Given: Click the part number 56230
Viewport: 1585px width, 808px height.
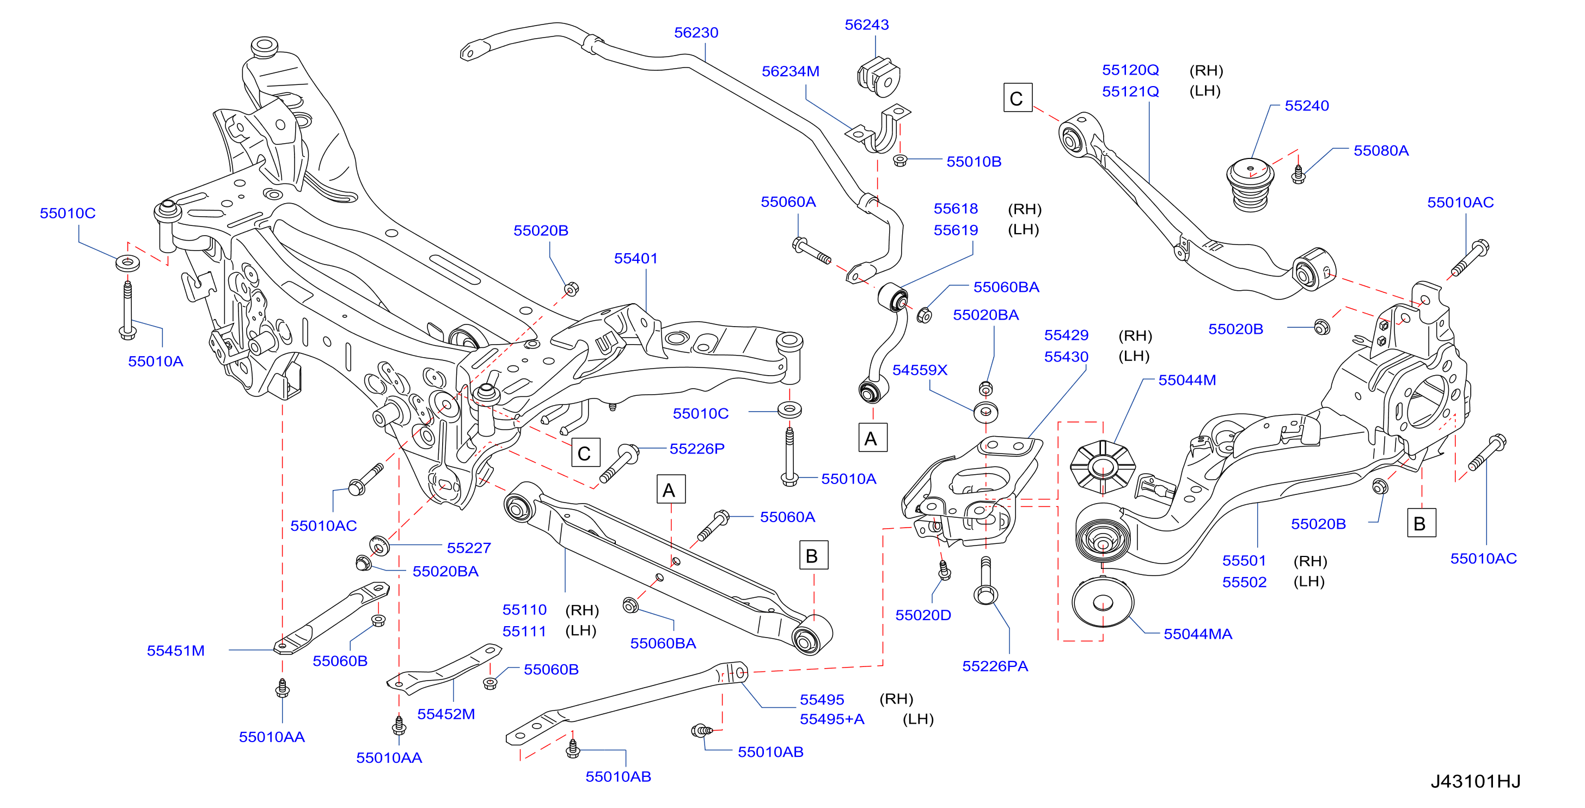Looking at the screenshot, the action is pos(696,33).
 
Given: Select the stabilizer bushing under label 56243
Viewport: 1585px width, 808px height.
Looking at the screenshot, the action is pos(879,77).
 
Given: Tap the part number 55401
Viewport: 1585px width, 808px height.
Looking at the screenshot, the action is pos(635,259).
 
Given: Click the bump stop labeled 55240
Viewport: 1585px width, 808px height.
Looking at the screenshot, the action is pos(1250,185).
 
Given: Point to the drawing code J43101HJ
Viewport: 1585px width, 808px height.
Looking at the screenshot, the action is pos(1475,781).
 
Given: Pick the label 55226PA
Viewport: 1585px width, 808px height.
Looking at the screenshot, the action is pos(995,666).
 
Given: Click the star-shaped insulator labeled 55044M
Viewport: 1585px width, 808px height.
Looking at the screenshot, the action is pos(1103,467).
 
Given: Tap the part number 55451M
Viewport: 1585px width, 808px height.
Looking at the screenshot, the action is pos(175,651).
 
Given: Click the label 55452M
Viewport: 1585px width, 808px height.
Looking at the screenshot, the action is pos(446,714).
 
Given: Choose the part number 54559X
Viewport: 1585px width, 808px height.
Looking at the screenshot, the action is pos(920,370).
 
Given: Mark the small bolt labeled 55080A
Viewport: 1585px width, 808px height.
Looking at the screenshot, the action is pos(1298,174).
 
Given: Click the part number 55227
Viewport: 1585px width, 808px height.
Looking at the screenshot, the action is pos(469,548).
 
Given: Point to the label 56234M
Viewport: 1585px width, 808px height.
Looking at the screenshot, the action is pos(791,71).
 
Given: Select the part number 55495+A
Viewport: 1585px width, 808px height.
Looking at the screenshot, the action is pos(832,719).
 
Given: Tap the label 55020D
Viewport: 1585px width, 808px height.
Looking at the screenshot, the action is pos(923,615).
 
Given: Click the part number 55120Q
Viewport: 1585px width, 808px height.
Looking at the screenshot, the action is pos(1130,70).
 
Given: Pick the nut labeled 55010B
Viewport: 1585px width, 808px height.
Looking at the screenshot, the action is pos(899,161).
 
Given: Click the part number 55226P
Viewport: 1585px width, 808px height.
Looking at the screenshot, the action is pos(697,449).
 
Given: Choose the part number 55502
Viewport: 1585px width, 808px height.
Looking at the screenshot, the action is pos(1244,582).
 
